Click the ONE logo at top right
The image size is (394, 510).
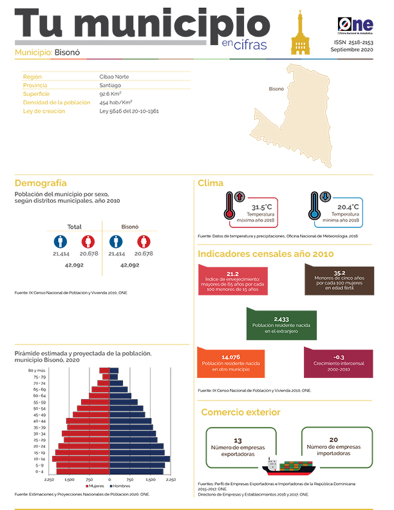[x=355, y=24]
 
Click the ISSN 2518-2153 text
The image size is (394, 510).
[x=352, y=42]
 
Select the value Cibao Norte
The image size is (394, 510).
[x=114, y=77]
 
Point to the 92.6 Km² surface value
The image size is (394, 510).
[x=110, y=93]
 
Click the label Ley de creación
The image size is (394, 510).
[x=44, y=111]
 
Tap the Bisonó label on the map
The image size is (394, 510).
[x=276, y=89]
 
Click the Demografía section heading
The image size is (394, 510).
[x=41, y=184]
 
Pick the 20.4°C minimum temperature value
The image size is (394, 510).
[x=348, y=207]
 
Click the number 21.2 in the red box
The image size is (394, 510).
[x=232, y=274]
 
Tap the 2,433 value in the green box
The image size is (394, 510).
[x=281, y=319]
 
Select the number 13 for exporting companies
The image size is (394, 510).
[x=238, y=440]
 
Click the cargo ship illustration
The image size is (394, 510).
[x=290, y=465]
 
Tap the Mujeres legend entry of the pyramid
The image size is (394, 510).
[x=96, y=485]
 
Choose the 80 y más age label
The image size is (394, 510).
[x=36, y=371]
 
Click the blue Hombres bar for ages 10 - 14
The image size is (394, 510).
[x=140, y=459]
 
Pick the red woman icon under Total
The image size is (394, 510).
[x=88, y=241]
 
